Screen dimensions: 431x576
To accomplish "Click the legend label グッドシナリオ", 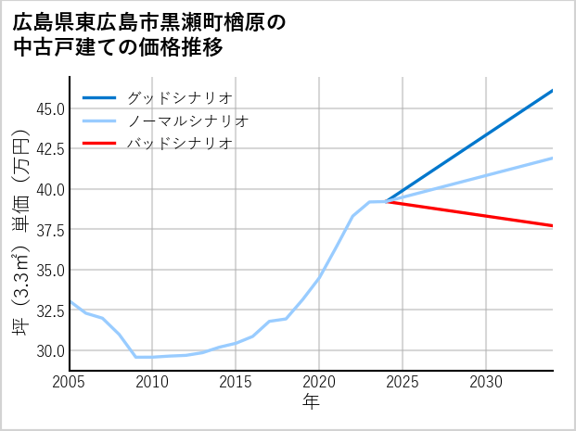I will (179, 97).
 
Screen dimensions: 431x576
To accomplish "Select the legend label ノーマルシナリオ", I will (187, 120).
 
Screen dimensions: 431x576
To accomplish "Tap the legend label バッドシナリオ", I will (179, 144).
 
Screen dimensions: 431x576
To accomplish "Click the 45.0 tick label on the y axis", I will (47, 108).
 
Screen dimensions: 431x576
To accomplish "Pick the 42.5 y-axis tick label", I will (47, 149).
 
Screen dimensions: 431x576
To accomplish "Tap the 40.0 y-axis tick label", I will (47, 189).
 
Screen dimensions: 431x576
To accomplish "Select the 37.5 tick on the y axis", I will (47, 230).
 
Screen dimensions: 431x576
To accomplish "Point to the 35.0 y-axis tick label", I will (47, 271).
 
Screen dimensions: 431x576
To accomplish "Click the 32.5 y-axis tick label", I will (47, 311).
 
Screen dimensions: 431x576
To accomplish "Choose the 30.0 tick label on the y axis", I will (47, 351).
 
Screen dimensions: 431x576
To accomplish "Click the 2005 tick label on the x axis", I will (70, 382).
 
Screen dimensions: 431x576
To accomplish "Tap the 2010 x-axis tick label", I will (152, 382).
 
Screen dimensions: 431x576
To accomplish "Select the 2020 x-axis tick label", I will (319, 382).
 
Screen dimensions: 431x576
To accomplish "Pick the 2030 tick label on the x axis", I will (486, 382).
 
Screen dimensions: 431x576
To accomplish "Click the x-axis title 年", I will (312, 402).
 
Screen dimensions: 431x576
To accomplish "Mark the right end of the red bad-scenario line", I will (552, 225).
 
